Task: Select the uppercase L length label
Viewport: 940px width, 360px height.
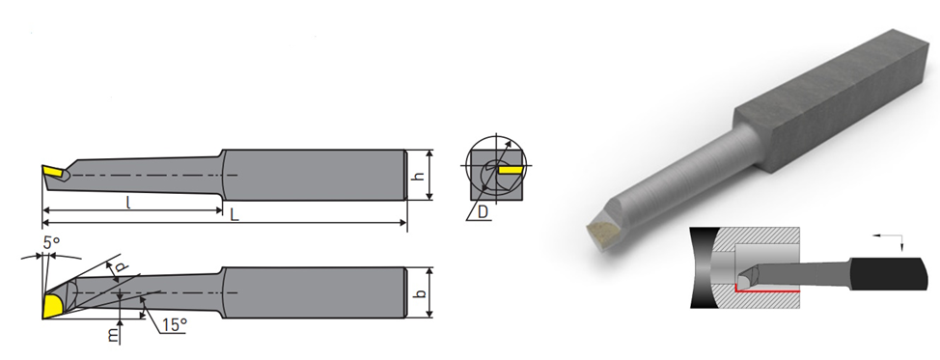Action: click(x=235, y=214)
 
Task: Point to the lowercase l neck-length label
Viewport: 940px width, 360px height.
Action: click(x=129, y=203)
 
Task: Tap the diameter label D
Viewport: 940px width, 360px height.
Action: click(x=484, y=211)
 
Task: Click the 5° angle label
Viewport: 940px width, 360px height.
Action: click(x=51, y=243)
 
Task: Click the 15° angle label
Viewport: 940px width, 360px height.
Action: click(x=175, y=325)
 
